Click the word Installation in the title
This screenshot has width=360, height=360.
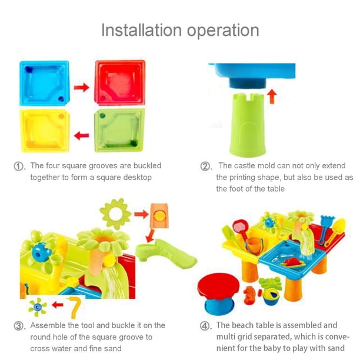point(141,30)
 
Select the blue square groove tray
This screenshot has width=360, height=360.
point(44,83)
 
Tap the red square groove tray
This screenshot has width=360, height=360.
point(120,83)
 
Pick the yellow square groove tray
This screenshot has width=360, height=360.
point(45,131)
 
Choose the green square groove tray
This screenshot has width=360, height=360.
point(119,130)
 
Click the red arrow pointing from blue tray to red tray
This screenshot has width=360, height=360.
point(82,87)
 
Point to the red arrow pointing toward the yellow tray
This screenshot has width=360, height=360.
point(82,135)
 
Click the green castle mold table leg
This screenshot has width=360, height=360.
point(248,125)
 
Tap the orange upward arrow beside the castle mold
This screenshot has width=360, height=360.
point(272,96)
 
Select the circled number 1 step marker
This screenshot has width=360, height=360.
point(19,166)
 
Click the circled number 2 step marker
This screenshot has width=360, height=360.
point(205,166)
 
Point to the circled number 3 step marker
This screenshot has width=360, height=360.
point(19,326)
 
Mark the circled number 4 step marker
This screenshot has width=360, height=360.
point(205,326)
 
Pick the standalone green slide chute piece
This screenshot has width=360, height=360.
point(166,253)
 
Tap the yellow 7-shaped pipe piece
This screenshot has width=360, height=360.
point(74,306)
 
